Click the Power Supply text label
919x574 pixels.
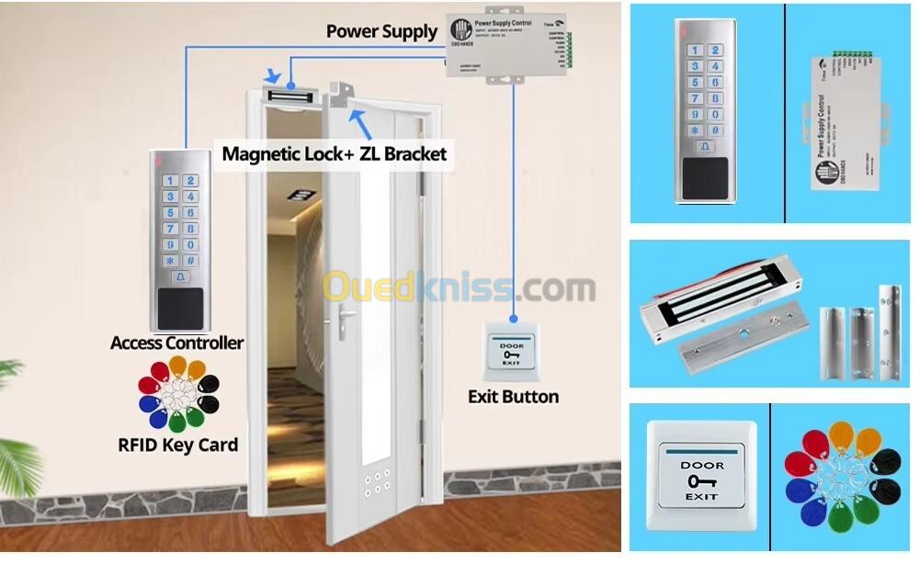tap(381, 31)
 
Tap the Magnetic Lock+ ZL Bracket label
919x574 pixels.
tap(335, 153)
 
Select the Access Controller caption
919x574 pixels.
tap(176, 343)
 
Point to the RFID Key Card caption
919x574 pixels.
tap(177, 445)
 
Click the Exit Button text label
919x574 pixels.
tap(513, 397)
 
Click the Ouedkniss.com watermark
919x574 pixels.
tap(459, 287)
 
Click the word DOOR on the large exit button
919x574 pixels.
tap(701, 465)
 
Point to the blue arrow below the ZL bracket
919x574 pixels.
tap(362, 120)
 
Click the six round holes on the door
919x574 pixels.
tap(376, 483)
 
